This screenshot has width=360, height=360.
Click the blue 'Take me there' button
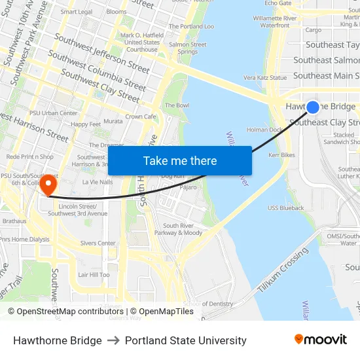(x=180, y=160)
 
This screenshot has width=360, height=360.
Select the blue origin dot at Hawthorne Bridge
(x=313, y=107)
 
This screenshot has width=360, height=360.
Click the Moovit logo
(x=320, y=340)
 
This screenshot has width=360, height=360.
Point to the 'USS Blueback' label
(x=285, y=208)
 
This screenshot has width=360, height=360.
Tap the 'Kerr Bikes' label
(x=281, y=155)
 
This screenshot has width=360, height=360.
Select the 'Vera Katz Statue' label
(x=265, y=77)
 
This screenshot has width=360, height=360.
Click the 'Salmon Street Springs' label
(x=188, y=48)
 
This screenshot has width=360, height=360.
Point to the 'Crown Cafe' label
(x=141, y=117)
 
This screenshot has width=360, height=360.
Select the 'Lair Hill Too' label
(x=94, y=275)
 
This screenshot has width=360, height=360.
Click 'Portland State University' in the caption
(x=186, y=340)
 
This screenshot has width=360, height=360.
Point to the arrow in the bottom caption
(x=113, y=340)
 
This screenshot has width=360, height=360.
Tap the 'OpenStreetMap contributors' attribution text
(x=66, y=312)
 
